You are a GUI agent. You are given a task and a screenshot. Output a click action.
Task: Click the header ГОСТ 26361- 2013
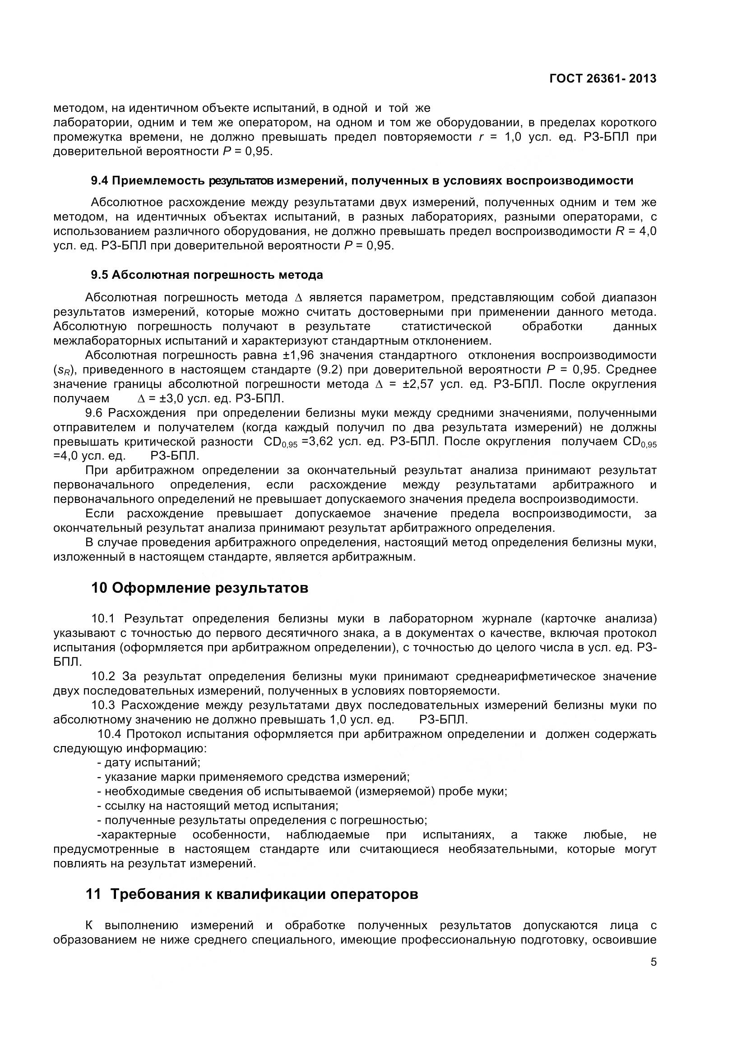pos(602,78)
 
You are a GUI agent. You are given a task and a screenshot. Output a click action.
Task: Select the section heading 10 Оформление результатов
pos(199,588)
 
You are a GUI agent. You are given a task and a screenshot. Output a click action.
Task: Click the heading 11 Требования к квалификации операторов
pos(252,894)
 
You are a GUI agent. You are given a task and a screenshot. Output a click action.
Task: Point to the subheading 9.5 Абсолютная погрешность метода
pos(207,275)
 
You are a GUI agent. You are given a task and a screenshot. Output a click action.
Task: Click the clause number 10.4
pos(108,734)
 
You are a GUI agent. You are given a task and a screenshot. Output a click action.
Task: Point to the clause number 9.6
pos(94,413)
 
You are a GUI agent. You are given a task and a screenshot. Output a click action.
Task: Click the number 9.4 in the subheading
pos(99,180)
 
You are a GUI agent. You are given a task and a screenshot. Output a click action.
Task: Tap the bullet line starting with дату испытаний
pos(149,763)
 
